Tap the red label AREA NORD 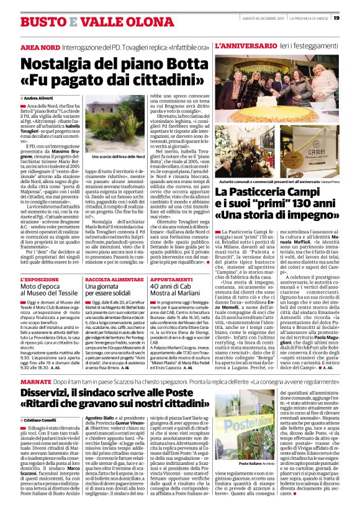click(38, 47)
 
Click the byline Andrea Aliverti click(41, 99)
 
